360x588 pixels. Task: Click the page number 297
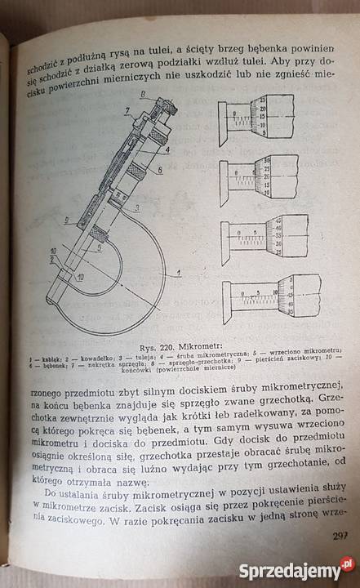click(340, 536)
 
